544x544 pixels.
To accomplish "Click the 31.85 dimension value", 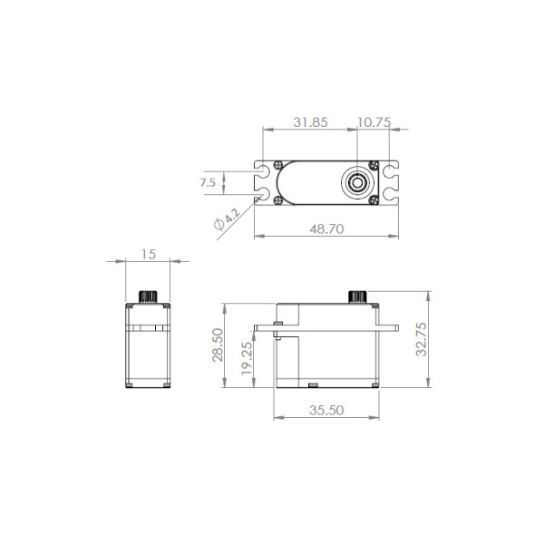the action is coord(310,122).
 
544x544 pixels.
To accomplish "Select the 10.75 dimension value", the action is coord(374,122).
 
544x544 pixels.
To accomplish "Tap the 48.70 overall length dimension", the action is coord(326,229).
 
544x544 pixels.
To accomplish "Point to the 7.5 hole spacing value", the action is coord(208,182).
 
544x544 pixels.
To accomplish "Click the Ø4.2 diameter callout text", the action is coord(227,219).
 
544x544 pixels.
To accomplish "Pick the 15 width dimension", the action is coord(149,254).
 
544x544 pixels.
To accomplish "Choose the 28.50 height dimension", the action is coord(218,345).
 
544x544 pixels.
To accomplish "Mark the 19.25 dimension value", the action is coord(247,358).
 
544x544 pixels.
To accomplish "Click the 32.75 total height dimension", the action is coord(421,339).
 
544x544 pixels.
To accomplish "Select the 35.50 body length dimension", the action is coord(326,411).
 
